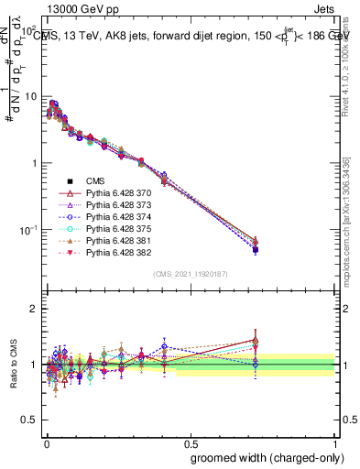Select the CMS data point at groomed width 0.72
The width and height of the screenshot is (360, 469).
(x=256, y=249)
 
